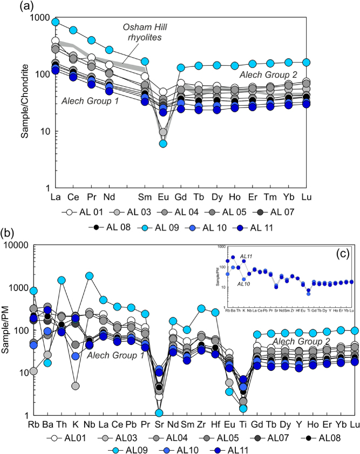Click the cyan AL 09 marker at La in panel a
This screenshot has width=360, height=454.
(55, 22)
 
